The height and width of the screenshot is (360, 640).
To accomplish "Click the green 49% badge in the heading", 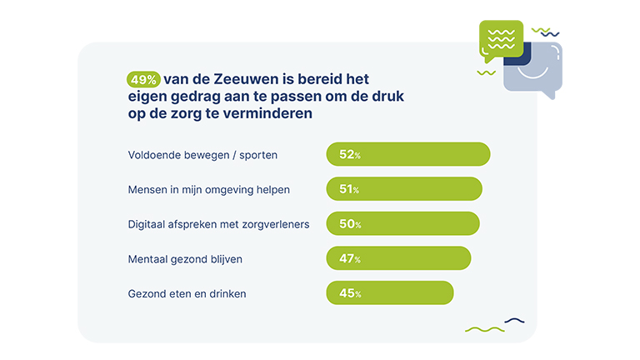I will point(143,80).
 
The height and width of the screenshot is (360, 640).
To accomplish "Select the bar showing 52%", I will point(407,155).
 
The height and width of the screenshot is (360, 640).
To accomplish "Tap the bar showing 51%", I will point(404,189).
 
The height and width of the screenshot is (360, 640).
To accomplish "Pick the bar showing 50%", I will point(402,224).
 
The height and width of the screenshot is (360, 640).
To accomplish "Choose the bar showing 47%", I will point(398,258).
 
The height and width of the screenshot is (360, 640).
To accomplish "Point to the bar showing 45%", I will point(389,293).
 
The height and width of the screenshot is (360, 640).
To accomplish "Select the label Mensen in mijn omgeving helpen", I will point(208,189).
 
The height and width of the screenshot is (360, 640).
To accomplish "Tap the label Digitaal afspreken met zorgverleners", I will point(218,224).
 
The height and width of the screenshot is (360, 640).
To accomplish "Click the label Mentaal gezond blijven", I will point(185,258).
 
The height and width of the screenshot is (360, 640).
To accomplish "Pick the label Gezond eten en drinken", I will point(187,293).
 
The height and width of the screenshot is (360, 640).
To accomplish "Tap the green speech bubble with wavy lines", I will point(501,40).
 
